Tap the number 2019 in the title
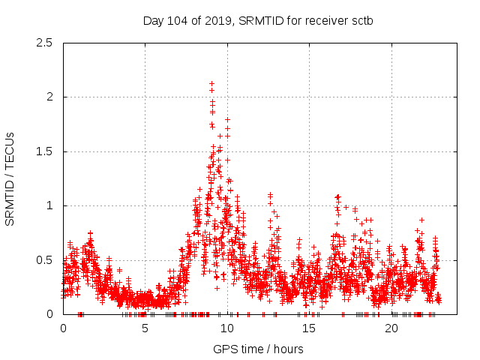click(220, 20)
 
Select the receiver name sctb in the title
click(361, 20)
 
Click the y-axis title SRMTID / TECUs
click(10, 178)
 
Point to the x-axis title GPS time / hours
click(258, 349)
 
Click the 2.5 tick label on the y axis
click(44, 43)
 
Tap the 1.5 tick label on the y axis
click(44, 151)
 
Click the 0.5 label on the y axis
click(44, 260)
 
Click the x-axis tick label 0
click(63, 328)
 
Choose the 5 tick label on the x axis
click(145, 328)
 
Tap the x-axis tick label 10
click(227, 328)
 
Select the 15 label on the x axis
click(310, 328)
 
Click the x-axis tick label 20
click(392, 328)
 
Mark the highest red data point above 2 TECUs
click(212, 83)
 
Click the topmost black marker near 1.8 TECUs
click(227, 119)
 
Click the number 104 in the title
click(181, 20)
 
